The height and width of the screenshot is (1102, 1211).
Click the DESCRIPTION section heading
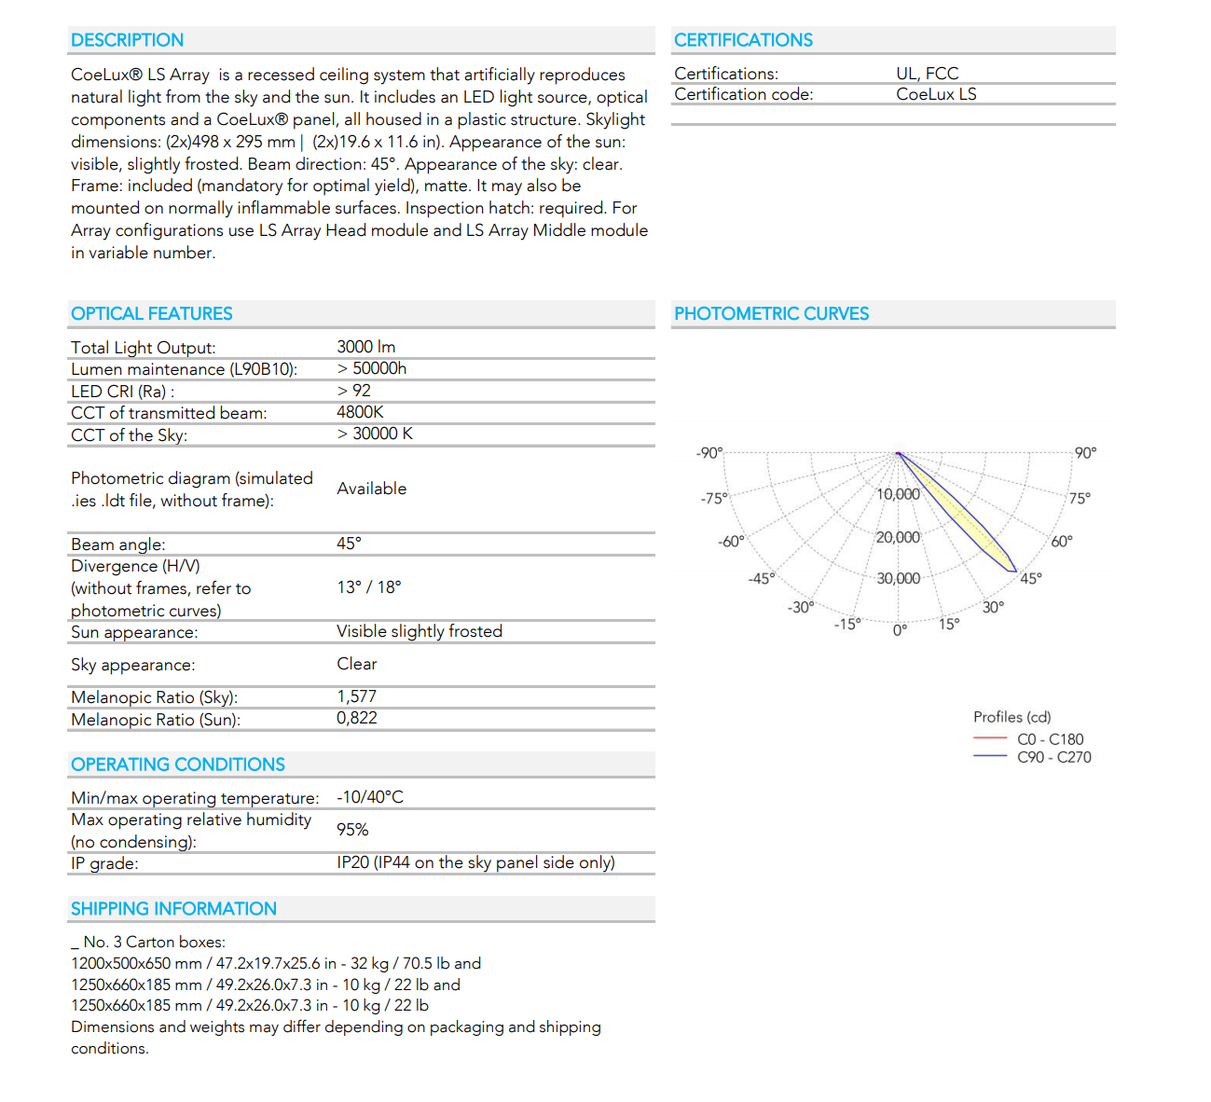[x=127, y=40]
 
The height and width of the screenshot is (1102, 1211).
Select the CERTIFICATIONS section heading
[x=743, y=40]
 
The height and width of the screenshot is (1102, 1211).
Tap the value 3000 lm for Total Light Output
[x=365, y=347]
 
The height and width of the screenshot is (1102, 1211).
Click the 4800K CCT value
[x=360, y=412]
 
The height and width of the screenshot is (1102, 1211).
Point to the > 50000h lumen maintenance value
[x=371, y=368]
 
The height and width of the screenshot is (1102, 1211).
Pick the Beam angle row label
[x=117, y=544]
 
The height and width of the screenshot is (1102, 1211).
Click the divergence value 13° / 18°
[x=368, y=587]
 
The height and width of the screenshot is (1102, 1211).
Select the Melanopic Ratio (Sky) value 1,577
[x=356, y=696]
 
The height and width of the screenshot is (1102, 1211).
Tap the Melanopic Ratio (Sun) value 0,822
[x=356, y=718]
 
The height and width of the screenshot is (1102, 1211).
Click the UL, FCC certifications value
[x=927, y=74]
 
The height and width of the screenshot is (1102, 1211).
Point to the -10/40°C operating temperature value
[x=369, y=797]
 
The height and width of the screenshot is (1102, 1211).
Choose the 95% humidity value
[x=352, y=830]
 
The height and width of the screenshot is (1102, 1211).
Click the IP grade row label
[x=104, y=863]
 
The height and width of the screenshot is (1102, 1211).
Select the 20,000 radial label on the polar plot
[x=898, y=537]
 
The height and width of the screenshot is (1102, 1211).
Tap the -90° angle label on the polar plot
[x=709, y=453]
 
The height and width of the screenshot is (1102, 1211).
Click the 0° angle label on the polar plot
[x=900, y=630]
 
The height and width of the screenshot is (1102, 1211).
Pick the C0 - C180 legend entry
[x=1050, y=739]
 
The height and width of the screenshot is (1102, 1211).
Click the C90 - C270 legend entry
[x=1053, y=757]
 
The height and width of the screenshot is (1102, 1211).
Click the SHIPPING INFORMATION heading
[x=173, y=909]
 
